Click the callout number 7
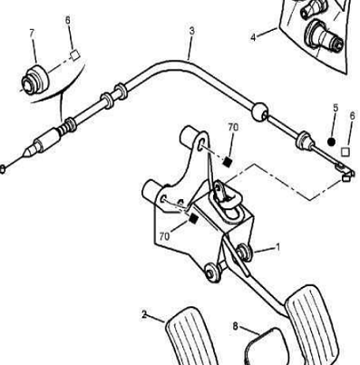[x=33, y=34]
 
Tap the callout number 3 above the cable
[x=192, y=31]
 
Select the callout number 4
[x=253, y=37]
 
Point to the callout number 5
[x=336, y=108]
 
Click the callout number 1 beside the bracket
[x=277, y=247]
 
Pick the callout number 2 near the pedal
[x=144, y=315]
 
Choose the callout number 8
[x=236, y=326]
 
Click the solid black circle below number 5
[x=332, y=141]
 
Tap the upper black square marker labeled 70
[x=227, y=162]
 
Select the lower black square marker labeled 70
[x=193, y=218]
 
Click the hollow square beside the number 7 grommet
[x=74, y=55]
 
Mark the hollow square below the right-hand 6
[x=345, y=152]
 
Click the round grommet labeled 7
[x=34, y=79]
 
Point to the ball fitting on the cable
[x=259, y=112]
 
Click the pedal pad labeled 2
[x=191, y=336]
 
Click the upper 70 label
[x=233, y=128]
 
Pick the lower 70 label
[x=164, y=236]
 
